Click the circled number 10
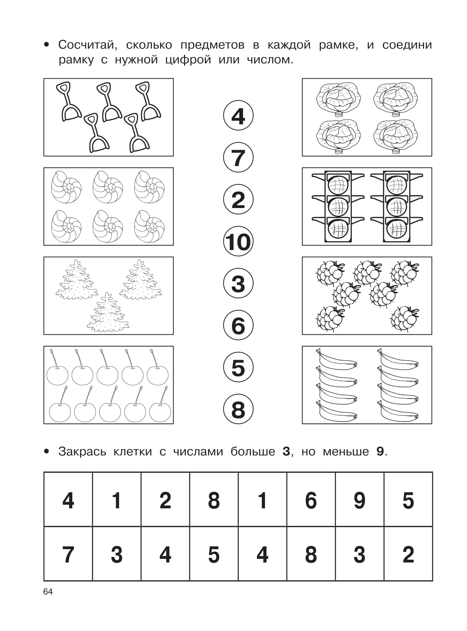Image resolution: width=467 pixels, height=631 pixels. (x=238, y=241)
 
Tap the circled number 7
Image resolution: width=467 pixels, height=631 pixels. (x=238, y=157)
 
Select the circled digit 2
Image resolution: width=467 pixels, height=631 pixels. (x=238, y=199)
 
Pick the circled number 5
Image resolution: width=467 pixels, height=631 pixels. (x=238, y=367)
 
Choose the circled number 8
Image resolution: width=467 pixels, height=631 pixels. (x=238, y=409)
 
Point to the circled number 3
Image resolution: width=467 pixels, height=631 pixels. (x=238, y=283)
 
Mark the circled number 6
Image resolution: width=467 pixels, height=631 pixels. (x=238, y=325)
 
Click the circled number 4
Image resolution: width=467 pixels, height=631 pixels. (x=238, y=115)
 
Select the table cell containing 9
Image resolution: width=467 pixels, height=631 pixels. (x=360, y=500)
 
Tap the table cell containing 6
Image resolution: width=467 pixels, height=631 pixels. (x=311, y=500)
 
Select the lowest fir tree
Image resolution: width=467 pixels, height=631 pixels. (x=108, y=312)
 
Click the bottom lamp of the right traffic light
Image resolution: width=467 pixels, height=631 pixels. (x=397, y=229)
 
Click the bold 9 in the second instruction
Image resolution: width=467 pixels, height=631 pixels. (x=380, y=451)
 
